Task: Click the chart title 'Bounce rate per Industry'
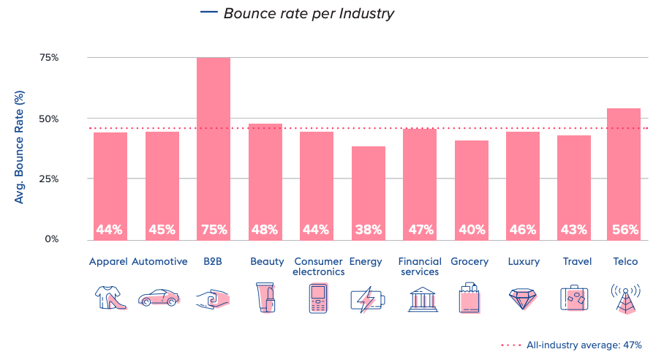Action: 309,13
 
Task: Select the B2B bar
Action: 214,146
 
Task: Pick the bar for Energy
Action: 368,190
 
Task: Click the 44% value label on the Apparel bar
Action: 110,230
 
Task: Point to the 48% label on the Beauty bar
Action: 265,230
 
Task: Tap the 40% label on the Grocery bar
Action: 471,230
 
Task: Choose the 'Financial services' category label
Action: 419,266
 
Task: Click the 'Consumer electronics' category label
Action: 318,266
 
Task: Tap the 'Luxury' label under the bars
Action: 523,261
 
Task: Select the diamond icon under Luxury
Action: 523,298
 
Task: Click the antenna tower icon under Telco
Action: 625,298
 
